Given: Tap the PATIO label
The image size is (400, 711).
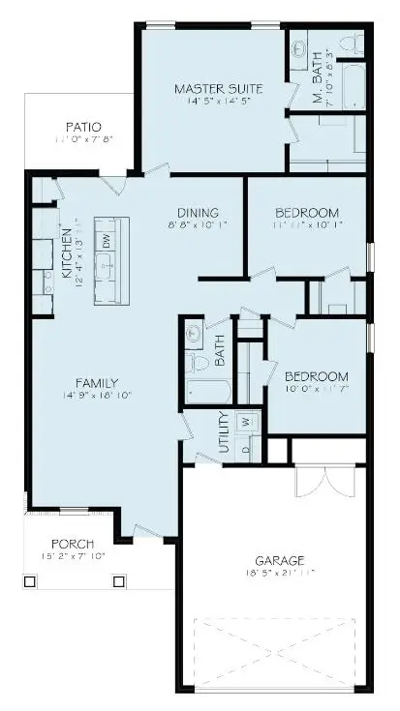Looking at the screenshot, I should point(83,128).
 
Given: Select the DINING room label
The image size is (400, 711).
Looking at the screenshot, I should point(197,213).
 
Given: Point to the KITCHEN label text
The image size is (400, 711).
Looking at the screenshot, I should point(66,252).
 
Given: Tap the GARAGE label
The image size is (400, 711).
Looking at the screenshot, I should point(281,560).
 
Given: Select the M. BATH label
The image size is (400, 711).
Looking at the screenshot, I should point(318,84).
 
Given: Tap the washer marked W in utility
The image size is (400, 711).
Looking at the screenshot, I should point(246,422).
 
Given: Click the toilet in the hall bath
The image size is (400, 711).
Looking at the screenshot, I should point(200,363).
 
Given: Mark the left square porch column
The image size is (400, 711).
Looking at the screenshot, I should point(29,582).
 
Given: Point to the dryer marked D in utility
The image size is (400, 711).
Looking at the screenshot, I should point(246,448).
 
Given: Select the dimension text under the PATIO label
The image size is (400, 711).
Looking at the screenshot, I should point(83,140).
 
